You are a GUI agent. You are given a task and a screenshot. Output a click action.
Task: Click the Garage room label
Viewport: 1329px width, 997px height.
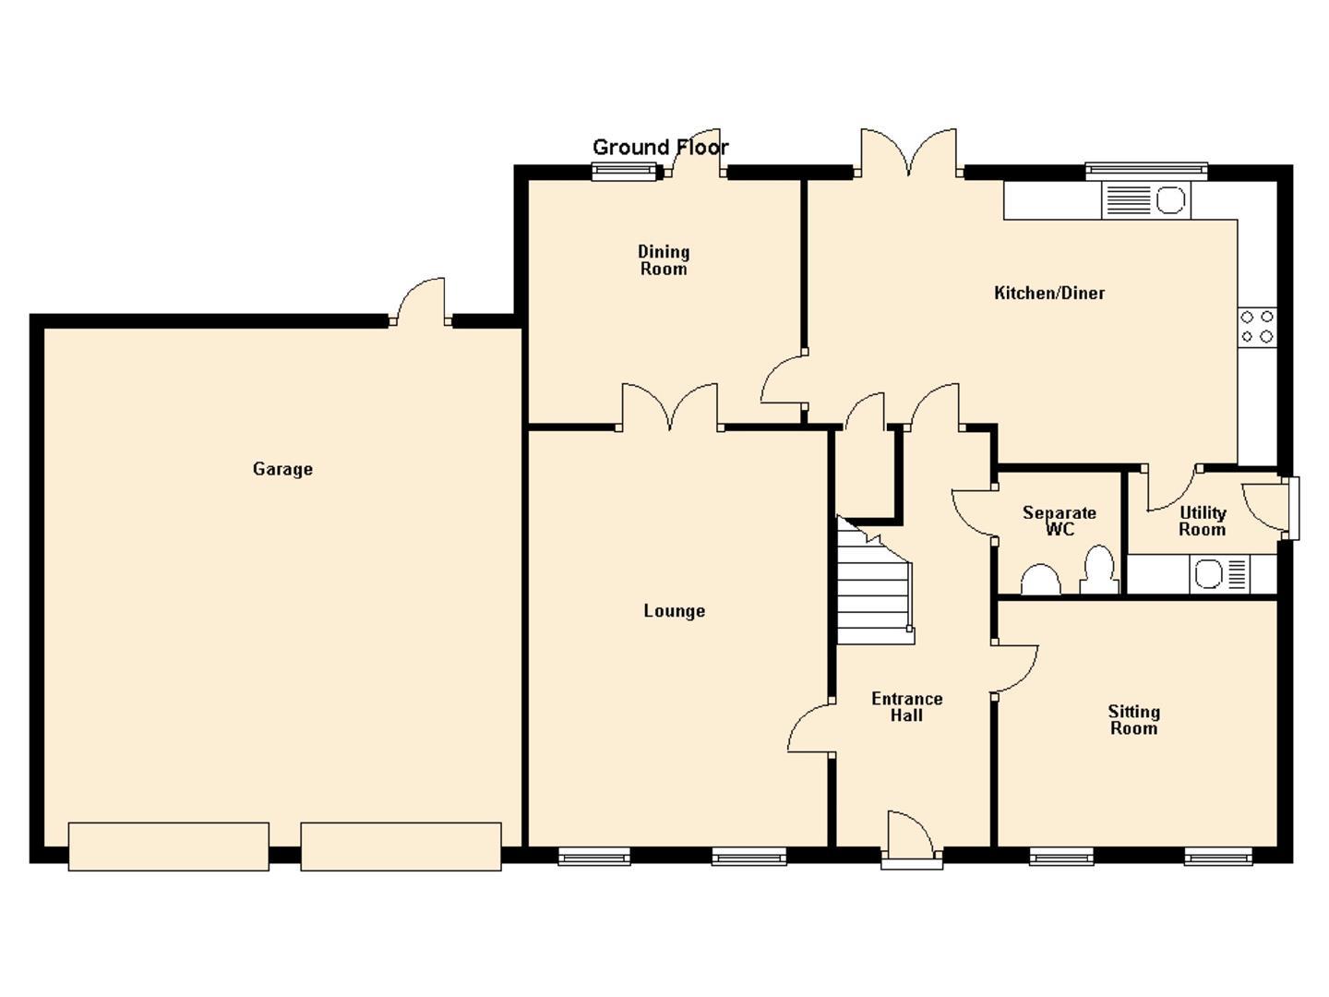tap(282, 469)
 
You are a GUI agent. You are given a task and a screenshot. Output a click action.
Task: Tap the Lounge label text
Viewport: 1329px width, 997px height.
tap(674, 611)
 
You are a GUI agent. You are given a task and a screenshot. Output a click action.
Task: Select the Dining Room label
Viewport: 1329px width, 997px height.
tap(664, 260)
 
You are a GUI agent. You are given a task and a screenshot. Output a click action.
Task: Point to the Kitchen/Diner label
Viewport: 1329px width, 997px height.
tap(1049, 294)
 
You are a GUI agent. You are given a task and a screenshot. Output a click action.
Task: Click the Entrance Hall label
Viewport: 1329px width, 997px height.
tap(906, 707)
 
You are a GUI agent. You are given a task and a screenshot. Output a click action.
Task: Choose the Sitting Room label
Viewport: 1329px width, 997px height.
tap(1133, 720)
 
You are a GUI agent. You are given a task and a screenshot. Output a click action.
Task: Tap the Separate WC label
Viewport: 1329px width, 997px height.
tap(1059, 522)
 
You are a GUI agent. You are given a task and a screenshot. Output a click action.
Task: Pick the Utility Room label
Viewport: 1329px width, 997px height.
tap(1202, 522)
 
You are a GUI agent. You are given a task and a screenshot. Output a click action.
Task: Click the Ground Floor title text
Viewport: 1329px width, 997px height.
tap(661, 147)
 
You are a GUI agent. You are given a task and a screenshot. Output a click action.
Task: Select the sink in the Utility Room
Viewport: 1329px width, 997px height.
tap(1219, 574)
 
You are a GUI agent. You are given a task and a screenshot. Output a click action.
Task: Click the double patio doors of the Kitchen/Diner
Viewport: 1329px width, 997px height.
tap(909, 152)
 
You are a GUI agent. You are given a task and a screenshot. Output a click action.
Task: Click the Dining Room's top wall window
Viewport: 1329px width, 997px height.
tap(624, 173)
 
